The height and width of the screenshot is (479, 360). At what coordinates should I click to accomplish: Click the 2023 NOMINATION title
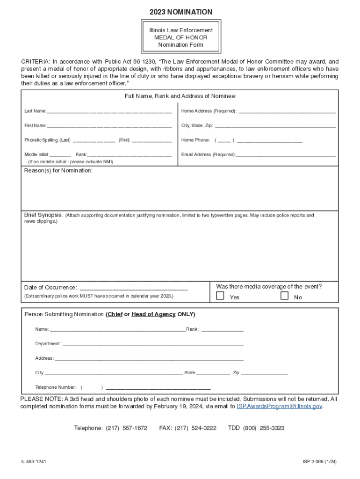point(180,12)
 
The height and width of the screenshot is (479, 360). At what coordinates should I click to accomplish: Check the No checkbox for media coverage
point(284,296)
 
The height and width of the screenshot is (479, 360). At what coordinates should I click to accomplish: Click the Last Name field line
point(109,112)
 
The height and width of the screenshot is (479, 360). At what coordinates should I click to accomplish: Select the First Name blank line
point(109,127)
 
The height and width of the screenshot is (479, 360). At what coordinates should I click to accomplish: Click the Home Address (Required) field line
point(287,112)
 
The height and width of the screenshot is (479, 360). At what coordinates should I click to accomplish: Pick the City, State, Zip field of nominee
point(275,127)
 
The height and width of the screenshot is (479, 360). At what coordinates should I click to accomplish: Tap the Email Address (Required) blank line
point(286,156)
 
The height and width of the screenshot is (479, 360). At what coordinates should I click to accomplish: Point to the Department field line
point(153,345)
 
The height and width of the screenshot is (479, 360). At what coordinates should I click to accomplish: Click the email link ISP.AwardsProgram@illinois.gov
point(279,406)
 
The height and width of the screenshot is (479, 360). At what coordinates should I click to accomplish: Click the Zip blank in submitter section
point(265,374)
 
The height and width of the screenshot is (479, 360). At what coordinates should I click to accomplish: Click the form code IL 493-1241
point(34,462)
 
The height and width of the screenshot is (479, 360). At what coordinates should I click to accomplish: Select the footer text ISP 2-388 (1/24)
point(319,462)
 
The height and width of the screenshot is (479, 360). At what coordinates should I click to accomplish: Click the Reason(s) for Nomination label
point(58,171)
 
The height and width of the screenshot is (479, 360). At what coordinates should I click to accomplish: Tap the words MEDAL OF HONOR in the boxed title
point(180,37)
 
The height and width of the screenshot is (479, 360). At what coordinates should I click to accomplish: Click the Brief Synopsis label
point(44,215)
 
